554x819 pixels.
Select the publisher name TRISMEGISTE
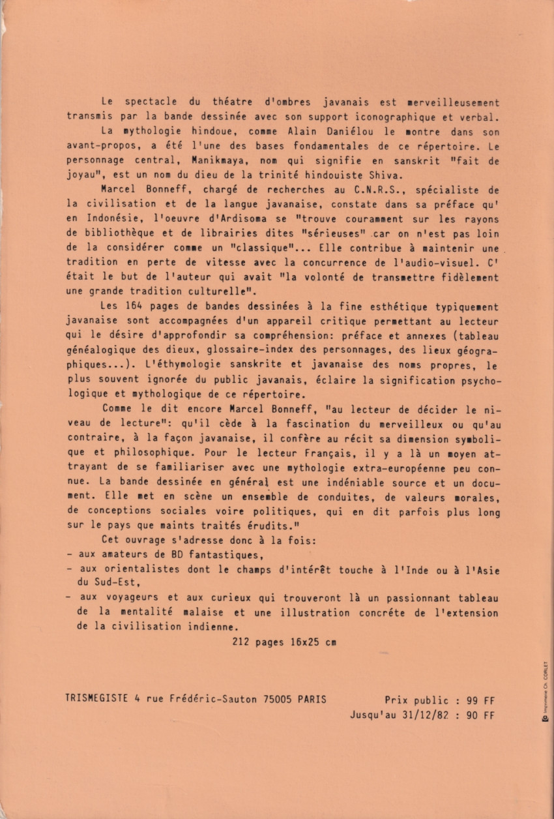[x=97, y=699]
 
